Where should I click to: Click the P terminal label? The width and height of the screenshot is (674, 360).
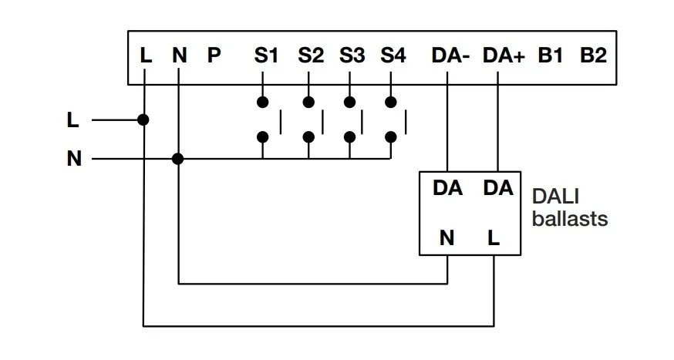pos(214,56)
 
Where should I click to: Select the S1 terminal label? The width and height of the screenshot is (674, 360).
pos(266,56)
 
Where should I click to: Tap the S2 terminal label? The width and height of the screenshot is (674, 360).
pos(311,56)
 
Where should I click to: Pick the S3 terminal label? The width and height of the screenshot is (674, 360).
pos(352,56)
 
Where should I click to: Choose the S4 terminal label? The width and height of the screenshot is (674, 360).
pos(393,56)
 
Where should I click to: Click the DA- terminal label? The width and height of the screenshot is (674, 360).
pos(450,56)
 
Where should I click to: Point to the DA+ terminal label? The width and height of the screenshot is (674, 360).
pos(503,56)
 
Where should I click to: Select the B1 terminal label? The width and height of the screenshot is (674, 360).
pos(551,56)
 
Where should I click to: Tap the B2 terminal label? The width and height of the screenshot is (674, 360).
pos(593,56)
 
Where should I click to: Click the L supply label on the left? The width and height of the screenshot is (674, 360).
pos(73,120)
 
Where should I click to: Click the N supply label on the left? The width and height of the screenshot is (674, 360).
pos(74,160)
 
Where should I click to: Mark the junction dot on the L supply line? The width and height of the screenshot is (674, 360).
pos(143,119)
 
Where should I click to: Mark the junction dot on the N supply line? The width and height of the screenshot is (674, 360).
pos(178,159)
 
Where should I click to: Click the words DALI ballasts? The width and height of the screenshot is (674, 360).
pos(570,208)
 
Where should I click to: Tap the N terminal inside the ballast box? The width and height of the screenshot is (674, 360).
pos(447,239)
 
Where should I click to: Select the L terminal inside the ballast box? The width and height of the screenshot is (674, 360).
pos(494,239)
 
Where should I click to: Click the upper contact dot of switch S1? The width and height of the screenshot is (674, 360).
pos(263,102)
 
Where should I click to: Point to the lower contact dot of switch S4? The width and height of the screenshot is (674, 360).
pos(391,137)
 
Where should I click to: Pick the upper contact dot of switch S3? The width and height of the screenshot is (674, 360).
pos(350,102)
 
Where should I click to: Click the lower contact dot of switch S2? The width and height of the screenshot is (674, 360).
pos(308,137)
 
